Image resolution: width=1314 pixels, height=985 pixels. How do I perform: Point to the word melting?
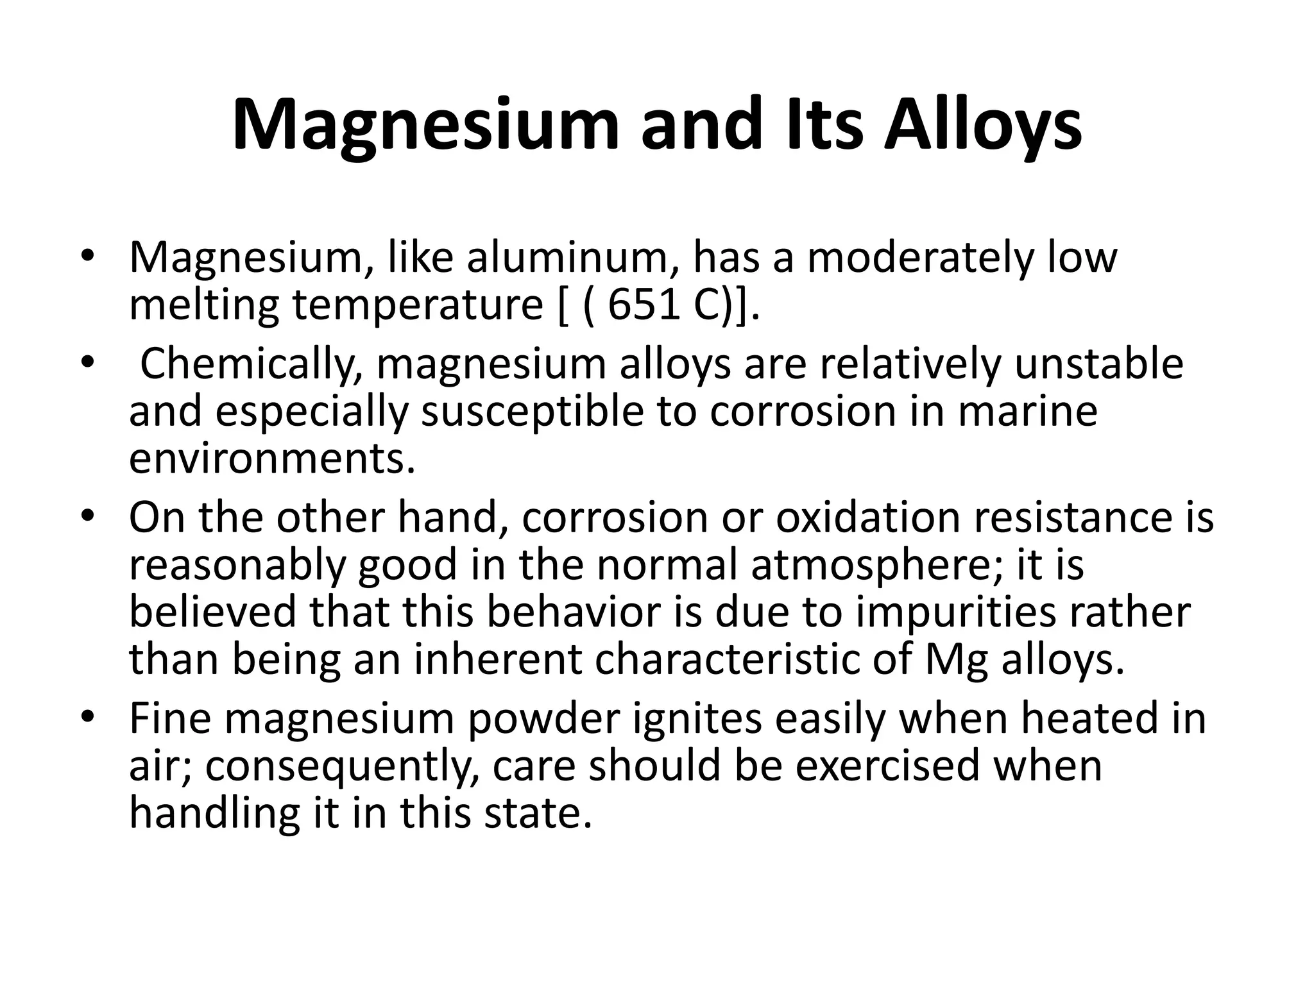(x=204, y=307)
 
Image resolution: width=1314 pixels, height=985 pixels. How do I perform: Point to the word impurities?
(x=955, y=612)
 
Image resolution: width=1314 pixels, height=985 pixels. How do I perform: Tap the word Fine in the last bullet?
(x=170, y=718)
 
